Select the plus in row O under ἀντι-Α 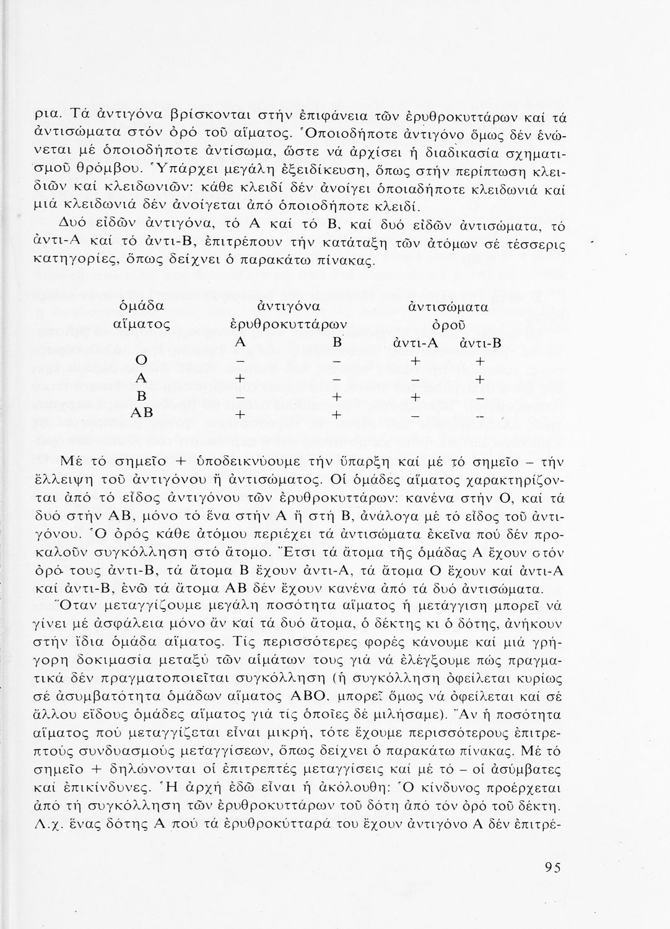pos(415,361)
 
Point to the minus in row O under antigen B pos(336,361)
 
